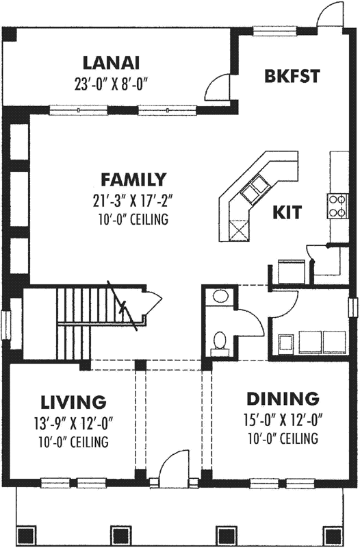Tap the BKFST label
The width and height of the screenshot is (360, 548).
tap(292, 76)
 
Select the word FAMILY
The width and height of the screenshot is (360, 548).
tap(133, 180)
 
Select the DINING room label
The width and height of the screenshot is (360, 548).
tap(283, 398)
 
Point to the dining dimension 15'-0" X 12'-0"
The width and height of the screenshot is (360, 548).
tap(283, 419)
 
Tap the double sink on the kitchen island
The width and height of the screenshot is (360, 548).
tap(256, 187)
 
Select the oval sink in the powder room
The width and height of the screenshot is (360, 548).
tap(220, 297)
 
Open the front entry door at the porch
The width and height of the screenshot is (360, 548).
tap(173, 466)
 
